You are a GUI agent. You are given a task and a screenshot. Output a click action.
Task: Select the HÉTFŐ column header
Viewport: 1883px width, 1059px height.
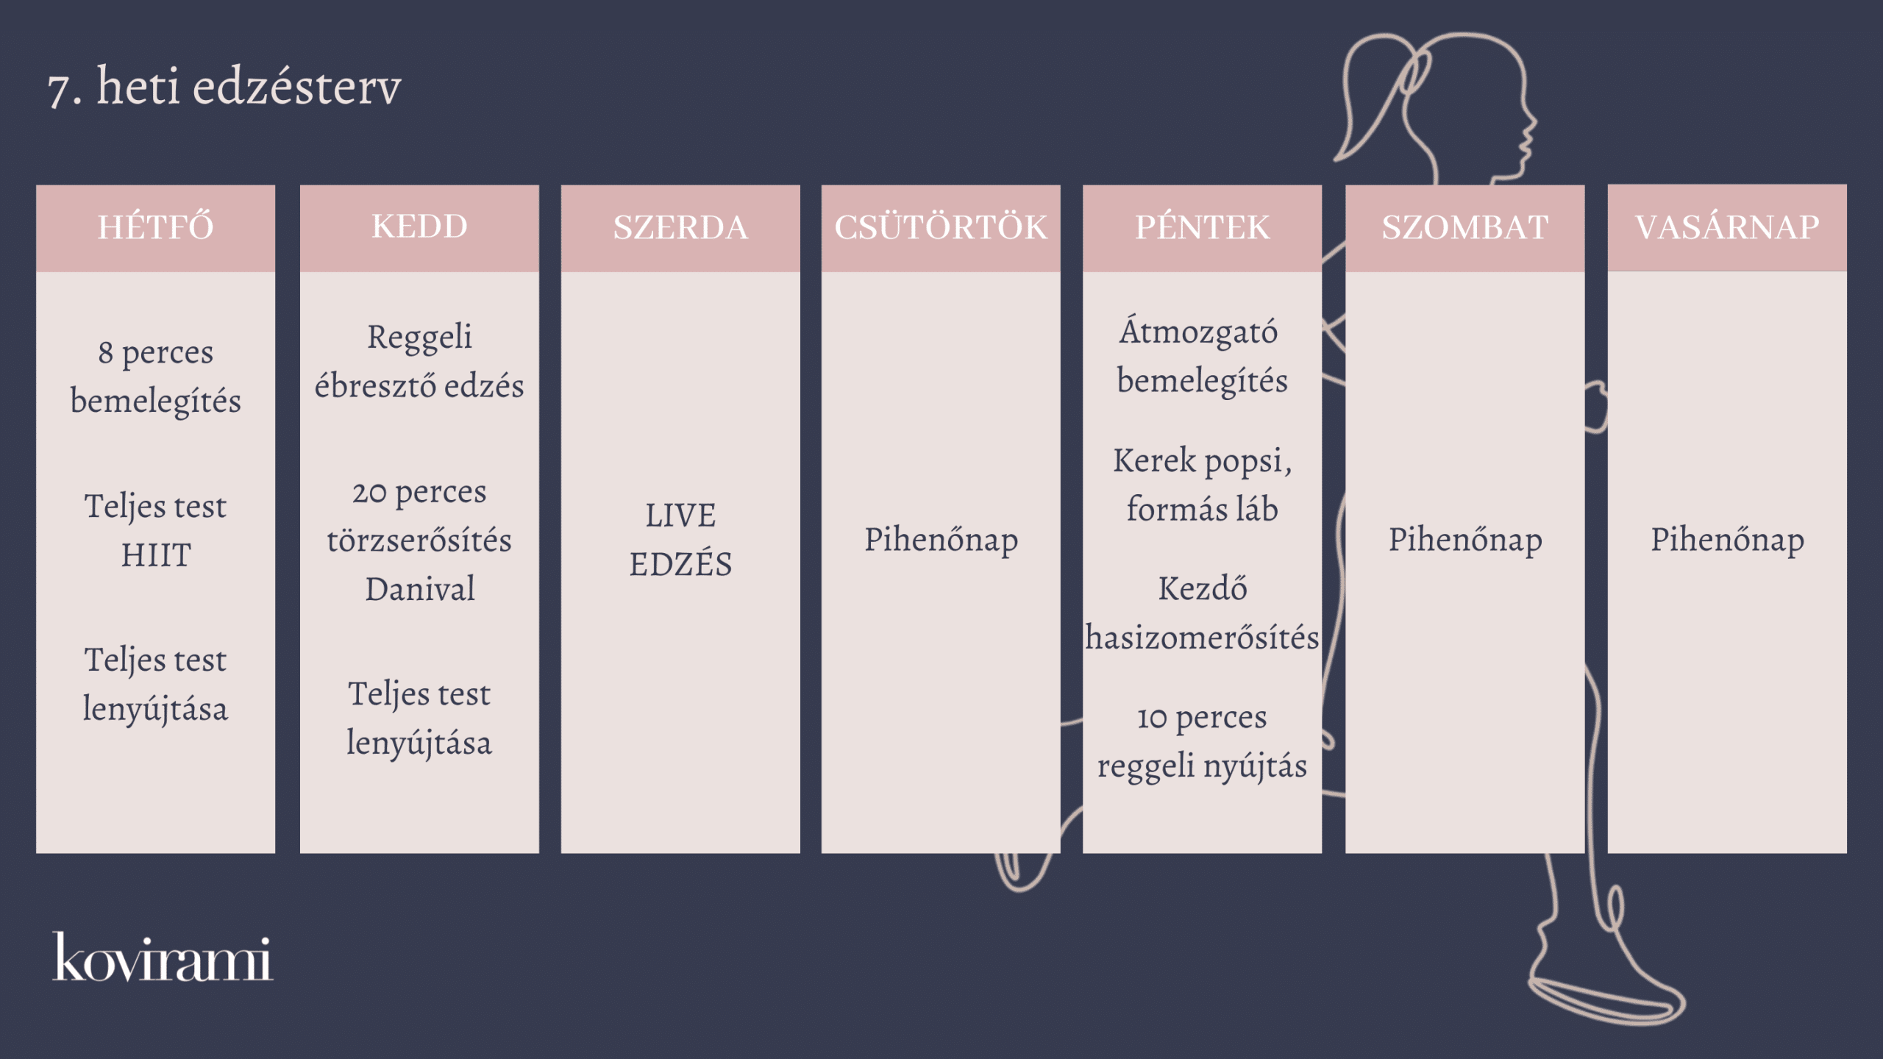[x=156, y=227]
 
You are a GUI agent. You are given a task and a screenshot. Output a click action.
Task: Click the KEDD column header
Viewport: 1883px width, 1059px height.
[x=419, y=227]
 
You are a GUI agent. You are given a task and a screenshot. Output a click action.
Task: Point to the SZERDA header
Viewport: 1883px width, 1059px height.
[x=680, y=227]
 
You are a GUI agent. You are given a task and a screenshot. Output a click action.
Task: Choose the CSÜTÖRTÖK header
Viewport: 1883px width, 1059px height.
[x=941, y=227]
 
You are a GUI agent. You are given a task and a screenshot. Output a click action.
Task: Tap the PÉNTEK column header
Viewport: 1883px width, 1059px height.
[x=1202, y=227]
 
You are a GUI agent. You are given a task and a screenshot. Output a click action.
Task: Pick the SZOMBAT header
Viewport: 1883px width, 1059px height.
[x=1464, y=227]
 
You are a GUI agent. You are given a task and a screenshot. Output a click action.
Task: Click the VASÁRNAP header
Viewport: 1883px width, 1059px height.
[x=1727, y=227]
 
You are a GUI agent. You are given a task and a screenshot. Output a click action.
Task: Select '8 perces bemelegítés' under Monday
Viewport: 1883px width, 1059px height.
[x=156, y=377]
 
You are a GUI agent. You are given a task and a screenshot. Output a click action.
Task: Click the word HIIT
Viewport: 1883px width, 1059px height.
[x=156, y=555]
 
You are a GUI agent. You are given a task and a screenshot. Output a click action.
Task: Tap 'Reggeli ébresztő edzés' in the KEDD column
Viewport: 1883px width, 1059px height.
[x=419, y=361]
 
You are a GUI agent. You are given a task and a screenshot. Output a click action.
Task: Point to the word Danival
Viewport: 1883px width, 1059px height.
[x=420, y=589]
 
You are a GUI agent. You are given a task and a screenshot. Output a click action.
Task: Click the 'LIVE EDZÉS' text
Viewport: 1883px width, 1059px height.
[x=680, y=540]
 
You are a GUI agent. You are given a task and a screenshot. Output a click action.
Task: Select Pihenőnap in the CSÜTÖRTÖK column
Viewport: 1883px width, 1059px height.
[x=941, y=541]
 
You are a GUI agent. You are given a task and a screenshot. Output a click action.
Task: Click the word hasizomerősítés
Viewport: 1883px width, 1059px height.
[x=1202, y=638]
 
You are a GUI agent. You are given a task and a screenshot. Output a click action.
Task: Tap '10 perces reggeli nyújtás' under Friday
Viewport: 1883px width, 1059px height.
[x=1202, y=742]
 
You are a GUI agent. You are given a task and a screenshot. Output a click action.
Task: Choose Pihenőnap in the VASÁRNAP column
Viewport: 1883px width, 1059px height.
[x=1727, y=541]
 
